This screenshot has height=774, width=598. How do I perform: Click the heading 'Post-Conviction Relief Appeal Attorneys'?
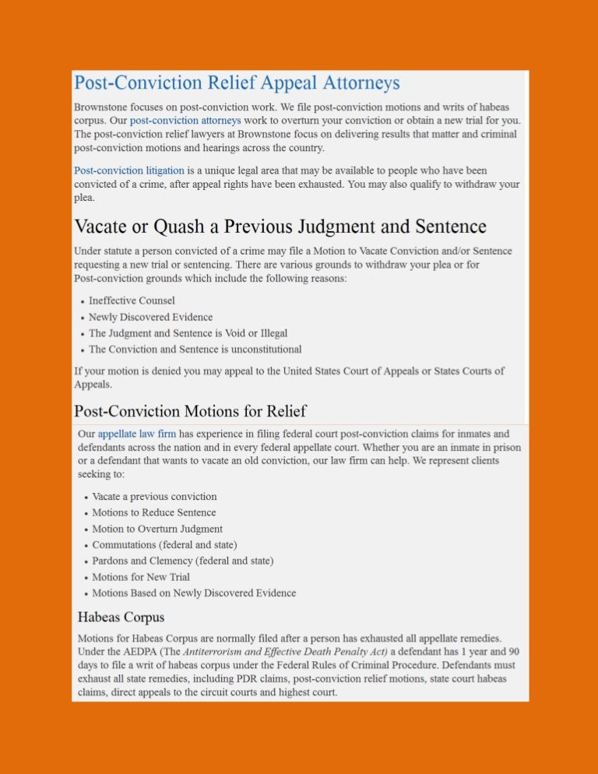[x=237, y=83]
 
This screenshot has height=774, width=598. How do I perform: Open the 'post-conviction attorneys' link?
[x=185, y=121]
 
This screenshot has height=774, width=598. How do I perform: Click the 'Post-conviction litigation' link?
[x=128, y=170]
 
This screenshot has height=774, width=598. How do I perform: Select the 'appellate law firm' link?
[x=137, y=434]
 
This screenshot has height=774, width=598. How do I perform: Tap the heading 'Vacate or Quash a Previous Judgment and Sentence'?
[x=280, y=227]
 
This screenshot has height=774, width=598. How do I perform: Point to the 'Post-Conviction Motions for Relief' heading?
[x=190, y=410]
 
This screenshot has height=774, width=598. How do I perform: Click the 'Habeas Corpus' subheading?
[x=121, y=617]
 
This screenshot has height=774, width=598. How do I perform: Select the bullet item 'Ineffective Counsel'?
[x=132, y=301]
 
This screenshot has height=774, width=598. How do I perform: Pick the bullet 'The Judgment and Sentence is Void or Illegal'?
[x=188, y=333]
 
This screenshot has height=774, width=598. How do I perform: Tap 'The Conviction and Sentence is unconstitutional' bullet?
[x=195, y=350]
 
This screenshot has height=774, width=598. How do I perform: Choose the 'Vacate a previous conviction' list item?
[x=154, y=497]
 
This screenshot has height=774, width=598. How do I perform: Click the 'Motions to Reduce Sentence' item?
[x=154, y=513]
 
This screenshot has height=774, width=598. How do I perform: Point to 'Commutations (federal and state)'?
[x=164, y=545]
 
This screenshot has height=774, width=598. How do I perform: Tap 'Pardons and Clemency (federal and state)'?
[x=182, y=561]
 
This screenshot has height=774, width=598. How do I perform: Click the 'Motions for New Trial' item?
[x=141, y=577]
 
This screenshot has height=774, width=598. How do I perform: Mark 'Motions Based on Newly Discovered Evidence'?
[x=194, y=593]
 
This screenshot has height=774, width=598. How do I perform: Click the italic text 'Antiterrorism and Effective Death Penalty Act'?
[x=285, y=651]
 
